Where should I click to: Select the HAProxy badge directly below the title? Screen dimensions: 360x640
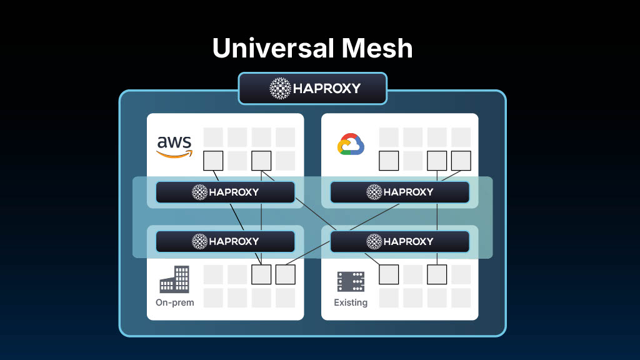(312, 88)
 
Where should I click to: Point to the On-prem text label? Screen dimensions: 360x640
(175, 302)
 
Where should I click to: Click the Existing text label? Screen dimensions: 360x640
(351, 302)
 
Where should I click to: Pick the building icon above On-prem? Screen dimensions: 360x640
(174, 279)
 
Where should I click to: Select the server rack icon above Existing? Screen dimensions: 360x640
(351, 282)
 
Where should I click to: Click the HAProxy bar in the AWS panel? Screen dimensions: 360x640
(225, 192)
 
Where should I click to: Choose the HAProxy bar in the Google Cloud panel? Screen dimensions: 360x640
(399, 192)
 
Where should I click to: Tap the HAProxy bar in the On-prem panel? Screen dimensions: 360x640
(225, 241)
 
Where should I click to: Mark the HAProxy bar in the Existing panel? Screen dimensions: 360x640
(399, 241)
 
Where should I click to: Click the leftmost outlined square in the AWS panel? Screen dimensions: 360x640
(214, 161)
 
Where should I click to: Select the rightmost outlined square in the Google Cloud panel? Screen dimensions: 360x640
(461, 161)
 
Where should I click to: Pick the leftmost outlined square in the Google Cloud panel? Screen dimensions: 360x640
(389, 161)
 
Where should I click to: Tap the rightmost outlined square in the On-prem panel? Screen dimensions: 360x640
(285, 274)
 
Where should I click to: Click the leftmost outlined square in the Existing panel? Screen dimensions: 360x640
(389, 274)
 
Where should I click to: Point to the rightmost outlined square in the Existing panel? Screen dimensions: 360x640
(437, 274)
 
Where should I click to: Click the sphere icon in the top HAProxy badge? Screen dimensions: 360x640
(280, 88)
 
